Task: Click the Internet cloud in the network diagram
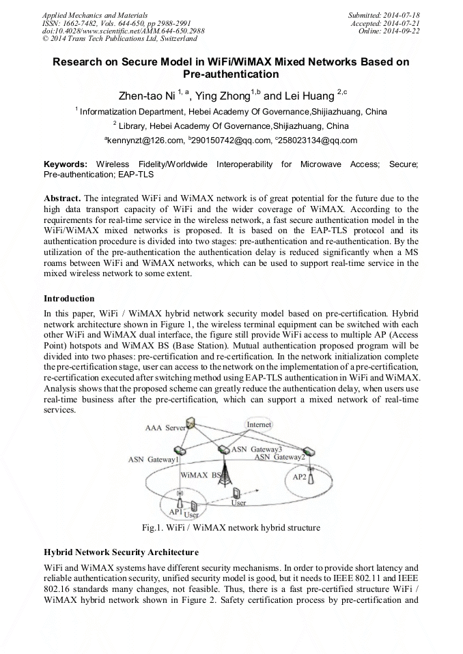coord(259,424)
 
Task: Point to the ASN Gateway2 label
coord(280,457)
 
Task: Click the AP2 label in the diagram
coord(300,477)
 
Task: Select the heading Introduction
coord(69,298)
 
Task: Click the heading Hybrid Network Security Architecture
coord(121,552)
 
